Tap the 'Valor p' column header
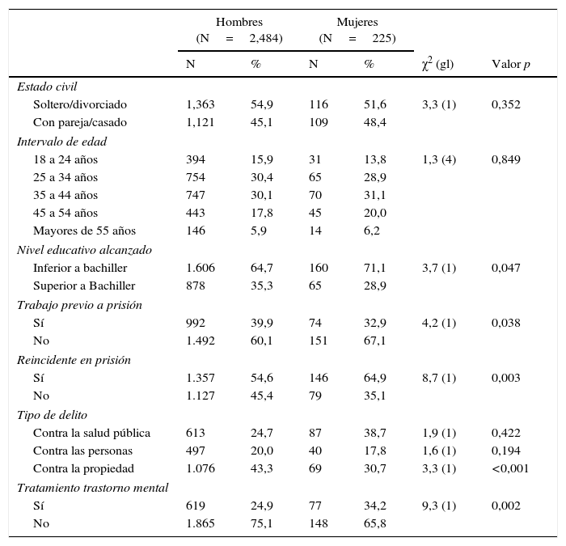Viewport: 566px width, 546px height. tap(511, 65)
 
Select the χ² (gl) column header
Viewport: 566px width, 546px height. tap(437, 65)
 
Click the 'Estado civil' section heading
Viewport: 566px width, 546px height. tap(47, 87)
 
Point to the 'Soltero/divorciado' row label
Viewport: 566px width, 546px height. tap(80, 104)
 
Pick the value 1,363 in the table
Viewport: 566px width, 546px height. tap(201, 104)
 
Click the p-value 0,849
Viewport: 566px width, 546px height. tap(506, 159)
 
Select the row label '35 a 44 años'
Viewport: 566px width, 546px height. tap(65, 195)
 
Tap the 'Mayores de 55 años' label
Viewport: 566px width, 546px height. tap(84, 231)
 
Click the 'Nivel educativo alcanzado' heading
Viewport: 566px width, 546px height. tap(84, 250)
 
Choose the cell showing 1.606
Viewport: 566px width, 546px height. tap(201, 268)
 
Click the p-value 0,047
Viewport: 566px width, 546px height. tap(506, 268)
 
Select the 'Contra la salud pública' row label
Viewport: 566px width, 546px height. tap(91, 433)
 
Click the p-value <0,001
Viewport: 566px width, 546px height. tap(510, 468)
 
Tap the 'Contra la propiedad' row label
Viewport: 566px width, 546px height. tap(83, 468)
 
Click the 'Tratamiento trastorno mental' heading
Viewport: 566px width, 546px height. tap(92, 488)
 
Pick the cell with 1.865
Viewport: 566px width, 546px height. tap(201, 523)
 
